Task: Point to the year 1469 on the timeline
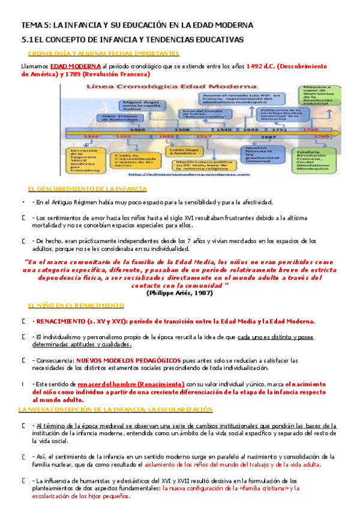click(x=137, y=129)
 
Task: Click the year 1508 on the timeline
click(x=182, y=129)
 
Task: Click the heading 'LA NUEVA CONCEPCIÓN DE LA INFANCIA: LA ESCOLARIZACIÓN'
click(x=116, y=409)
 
